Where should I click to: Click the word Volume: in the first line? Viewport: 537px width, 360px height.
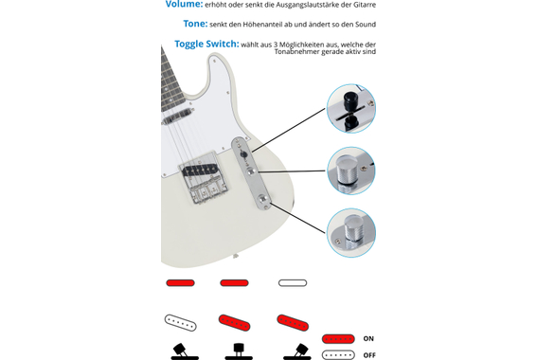184,5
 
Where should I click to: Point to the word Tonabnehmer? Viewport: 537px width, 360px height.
306,55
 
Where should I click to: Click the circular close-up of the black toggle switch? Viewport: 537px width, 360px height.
351,108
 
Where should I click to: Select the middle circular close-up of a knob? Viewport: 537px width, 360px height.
351,171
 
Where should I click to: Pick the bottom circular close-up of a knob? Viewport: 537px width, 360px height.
351,232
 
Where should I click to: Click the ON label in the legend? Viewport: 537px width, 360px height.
368,338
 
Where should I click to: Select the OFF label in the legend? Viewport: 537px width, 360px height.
369,354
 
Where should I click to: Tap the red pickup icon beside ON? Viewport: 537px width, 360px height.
337,338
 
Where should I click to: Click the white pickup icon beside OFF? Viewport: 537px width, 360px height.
337,354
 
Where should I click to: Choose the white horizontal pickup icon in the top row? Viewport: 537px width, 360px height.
293,282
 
